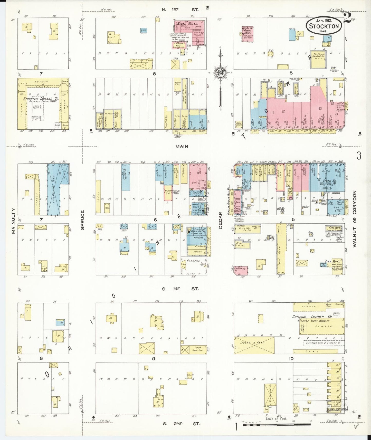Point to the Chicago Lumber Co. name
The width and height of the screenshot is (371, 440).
tap(312, 317)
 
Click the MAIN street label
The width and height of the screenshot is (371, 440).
tap(182, 146)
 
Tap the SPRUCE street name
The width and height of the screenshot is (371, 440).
tap(83, 220)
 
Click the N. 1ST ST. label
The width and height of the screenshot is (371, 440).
tap(180, 9)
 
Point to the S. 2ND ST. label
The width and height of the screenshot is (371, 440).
tap(182, 424)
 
